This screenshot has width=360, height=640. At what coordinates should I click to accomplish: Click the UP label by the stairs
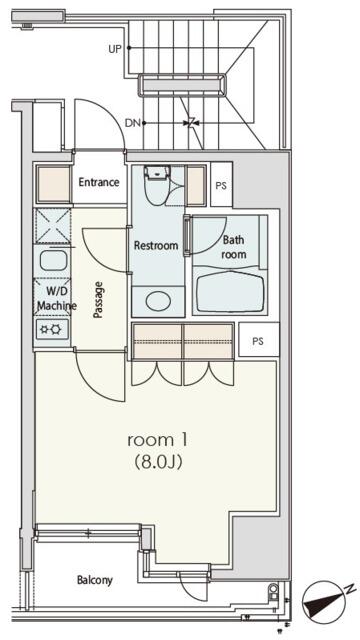(115, 49)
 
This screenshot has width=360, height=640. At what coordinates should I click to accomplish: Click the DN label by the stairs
(131, 122)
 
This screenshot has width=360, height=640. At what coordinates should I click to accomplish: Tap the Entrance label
(99, 182)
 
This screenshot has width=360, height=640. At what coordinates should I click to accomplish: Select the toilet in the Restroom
(156, 186)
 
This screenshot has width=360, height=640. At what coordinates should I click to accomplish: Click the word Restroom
(156, 246)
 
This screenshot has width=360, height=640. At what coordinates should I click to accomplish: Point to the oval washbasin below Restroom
(158, 302)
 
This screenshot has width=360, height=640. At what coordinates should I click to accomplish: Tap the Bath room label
(234, 247)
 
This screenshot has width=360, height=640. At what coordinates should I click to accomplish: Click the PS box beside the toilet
(221, 185)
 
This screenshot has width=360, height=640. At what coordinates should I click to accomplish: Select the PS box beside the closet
(258, 341)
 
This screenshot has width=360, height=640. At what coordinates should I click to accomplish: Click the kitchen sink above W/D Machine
(53, 260)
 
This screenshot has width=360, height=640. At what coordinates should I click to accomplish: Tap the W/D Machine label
(55, 298)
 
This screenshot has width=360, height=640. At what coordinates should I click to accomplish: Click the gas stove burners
(52, 329)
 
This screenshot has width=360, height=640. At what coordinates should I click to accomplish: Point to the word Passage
(98, 300)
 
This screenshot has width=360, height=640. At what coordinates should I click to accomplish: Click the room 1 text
(158, 440)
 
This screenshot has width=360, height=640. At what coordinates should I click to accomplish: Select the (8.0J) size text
(158, 462)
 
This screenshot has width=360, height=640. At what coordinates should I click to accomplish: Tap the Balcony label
(95, 580)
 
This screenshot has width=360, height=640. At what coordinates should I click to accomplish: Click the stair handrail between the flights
(182, 85)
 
